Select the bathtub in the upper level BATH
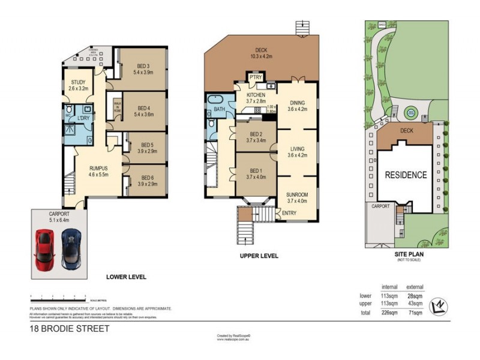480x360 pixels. coord(214,100)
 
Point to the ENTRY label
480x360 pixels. coord(289,213)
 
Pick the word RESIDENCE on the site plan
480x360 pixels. coord(406,175)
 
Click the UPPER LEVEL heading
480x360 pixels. coord(259,256)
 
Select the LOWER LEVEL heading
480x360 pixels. coord(126,277)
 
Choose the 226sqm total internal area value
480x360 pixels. coord(390,313)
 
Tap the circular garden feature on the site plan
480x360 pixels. coord(410,112)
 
